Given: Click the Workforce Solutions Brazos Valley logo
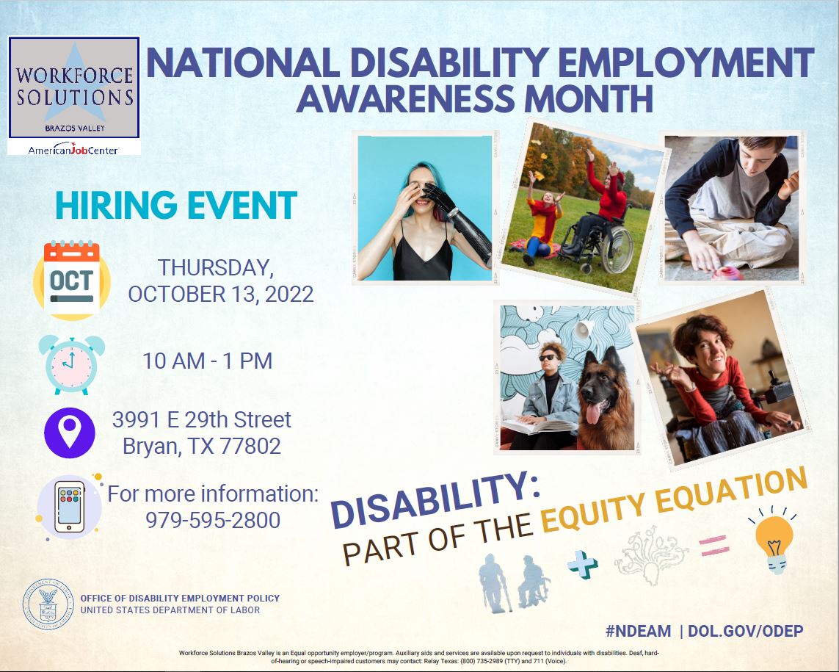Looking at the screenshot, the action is (x=74, y=87).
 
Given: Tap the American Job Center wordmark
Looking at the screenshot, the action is (x=73, y=149).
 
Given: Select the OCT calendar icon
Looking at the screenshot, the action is (x=72, y=280).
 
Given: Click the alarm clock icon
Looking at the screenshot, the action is (x=71, y=365).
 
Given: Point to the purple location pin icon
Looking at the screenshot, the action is (x=70, y=433).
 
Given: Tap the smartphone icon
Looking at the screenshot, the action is (x=70, y=506).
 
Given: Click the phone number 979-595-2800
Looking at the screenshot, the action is (x=213, y=520).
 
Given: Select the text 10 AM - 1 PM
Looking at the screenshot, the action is (x=208, y=361).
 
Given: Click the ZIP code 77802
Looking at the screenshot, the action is (x=250, y=446).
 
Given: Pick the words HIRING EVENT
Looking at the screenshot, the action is (x=176, y=205).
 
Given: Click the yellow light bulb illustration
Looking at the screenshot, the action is (x=774, y=541).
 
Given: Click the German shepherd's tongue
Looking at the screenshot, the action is (x=593, y=413).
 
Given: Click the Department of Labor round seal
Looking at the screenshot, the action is (x=48, y=604).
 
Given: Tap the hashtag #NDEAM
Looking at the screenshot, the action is (x=638, y=632).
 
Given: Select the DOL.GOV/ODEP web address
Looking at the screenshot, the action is (x=745, y=632).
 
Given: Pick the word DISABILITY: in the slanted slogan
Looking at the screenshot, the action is (x=435, y=500).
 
